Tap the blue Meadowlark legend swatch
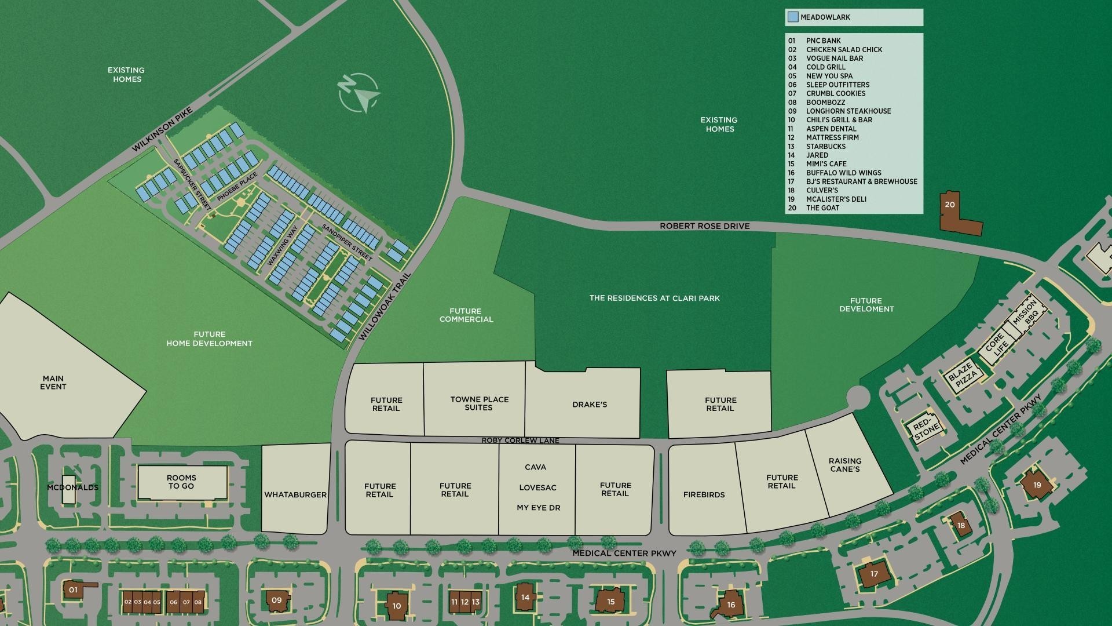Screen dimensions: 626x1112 click(x=792, y=17)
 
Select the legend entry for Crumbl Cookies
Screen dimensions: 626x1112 click(x=835, y=93)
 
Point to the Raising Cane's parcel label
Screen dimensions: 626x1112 click(x=845, y=465)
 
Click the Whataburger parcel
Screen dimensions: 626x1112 click(x=295, y=494)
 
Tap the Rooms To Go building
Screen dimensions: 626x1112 click(x=182, y=482)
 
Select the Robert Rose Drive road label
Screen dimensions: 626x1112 click(x=704, y=226)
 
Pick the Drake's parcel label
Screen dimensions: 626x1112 click(x=590, y=405)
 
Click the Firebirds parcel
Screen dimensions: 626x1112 click(x=704, y=494)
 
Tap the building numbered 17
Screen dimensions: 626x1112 click(x=873, y=574)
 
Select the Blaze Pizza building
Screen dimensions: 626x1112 click(x=963, y=376)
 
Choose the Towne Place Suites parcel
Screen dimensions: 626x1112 click(x=479, y=403)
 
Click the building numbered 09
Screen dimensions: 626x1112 click(x=276, y=600)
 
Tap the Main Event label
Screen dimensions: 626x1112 click(x=53, y=383)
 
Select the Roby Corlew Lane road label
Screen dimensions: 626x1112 click(x=520, y=441)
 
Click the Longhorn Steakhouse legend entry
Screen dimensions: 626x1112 click(x=848, y=111)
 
